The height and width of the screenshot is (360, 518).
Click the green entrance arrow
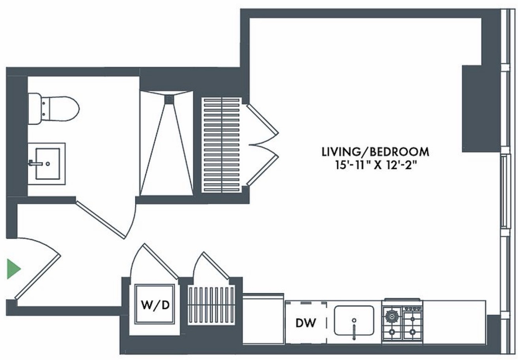coord(14,269)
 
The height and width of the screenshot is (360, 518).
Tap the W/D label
coord(155,304)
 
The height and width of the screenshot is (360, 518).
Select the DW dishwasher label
coord(306,323)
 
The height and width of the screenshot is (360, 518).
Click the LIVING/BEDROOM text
coord(376,152)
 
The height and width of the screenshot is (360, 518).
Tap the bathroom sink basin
coord(48,163)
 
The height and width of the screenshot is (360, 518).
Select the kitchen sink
coord(354,321)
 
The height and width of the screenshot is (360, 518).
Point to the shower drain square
coord(169,99)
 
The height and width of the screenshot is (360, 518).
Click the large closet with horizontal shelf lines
coord(222,145)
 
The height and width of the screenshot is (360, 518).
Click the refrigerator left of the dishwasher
coord(263,319)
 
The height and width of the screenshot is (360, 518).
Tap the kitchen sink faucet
coord(354,329)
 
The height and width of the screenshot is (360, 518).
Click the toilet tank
coord(34,109)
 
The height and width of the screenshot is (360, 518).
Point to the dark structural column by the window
coord(481,109)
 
